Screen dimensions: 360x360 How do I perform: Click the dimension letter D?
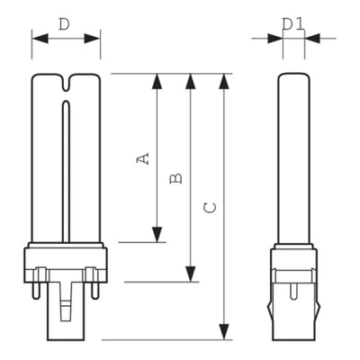click(64, 24)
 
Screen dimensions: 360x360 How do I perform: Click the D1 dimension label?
click(293, 24)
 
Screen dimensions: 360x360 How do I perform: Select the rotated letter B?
click(175, 178)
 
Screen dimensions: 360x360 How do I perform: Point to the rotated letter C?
click(210, 208)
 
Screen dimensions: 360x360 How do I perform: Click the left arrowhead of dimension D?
click(40, 39)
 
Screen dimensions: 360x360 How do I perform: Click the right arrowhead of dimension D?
click(92, 39)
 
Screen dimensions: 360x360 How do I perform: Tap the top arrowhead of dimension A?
click(157, 81)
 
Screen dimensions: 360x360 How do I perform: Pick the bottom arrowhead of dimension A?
click(157, 235)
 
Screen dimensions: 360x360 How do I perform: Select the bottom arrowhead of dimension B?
click(191, 274)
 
